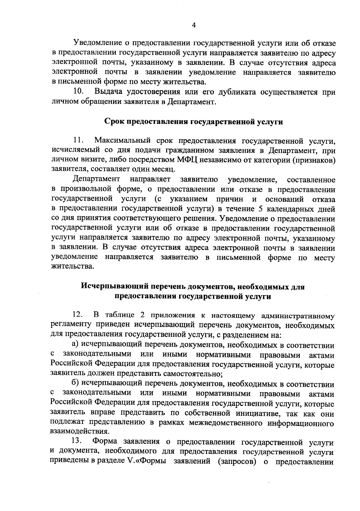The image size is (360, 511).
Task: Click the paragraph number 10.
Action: click(79, 92)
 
